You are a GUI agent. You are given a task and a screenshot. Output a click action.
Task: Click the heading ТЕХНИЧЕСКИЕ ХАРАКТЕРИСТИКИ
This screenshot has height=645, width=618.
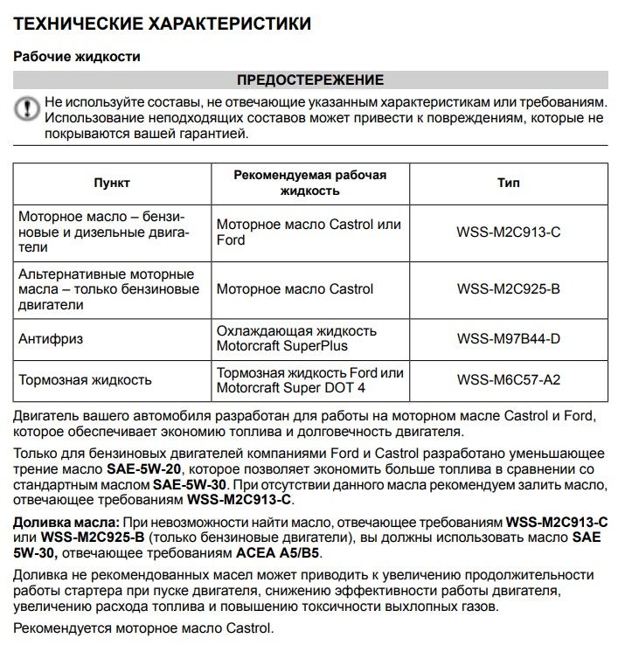pos(162,23)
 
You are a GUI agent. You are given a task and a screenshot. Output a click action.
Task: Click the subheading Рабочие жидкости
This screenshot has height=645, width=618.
pos(77,56)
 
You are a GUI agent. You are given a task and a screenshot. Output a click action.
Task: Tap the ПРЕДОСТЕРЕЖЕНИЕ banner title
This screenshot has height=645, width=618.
pos(310,80)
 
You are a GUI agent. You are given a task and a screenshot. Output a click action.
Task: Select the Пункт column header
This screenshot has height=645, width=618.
pos(112,184)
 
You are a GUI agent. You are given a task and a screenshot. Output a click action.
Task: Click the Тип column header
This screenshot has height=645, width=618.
pos(508,184)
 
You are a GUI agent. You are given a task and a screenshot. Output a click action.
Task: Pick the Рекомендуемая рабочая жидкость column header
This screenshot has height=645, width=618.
pos(309,183)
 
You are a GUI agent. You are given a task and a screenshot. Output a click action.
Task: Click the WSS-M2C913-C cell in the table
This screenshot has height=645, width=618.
pos(508,232)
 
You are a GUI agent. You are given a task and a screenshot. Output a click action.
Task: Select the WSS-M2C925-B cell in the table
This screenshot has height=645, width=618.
pos(508,289)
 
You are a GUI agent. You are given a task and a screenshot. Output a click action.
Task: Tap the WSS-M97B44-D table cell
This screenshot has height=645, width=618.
pos(508,338)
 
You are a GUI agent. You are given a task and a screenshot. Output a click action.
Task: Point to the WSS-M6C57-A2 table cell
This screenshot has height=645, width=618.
pos(508,380)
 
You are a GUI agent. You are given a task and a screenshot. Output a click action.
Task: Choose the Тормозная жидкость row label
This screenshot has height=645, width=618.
pos(86,380)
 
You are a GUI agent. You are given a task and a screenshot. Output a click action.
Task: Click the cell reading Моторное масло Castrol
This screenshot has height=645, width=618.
pos(295,289)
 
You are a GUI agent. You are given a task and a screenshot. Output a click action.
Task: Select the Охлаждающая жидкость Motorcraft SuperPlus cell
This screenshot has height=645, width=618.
pos(296,338)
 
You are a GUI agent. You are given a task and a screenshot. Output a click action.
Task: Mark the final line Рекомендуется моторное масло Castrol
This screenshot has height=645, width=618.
pos(144,628)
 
